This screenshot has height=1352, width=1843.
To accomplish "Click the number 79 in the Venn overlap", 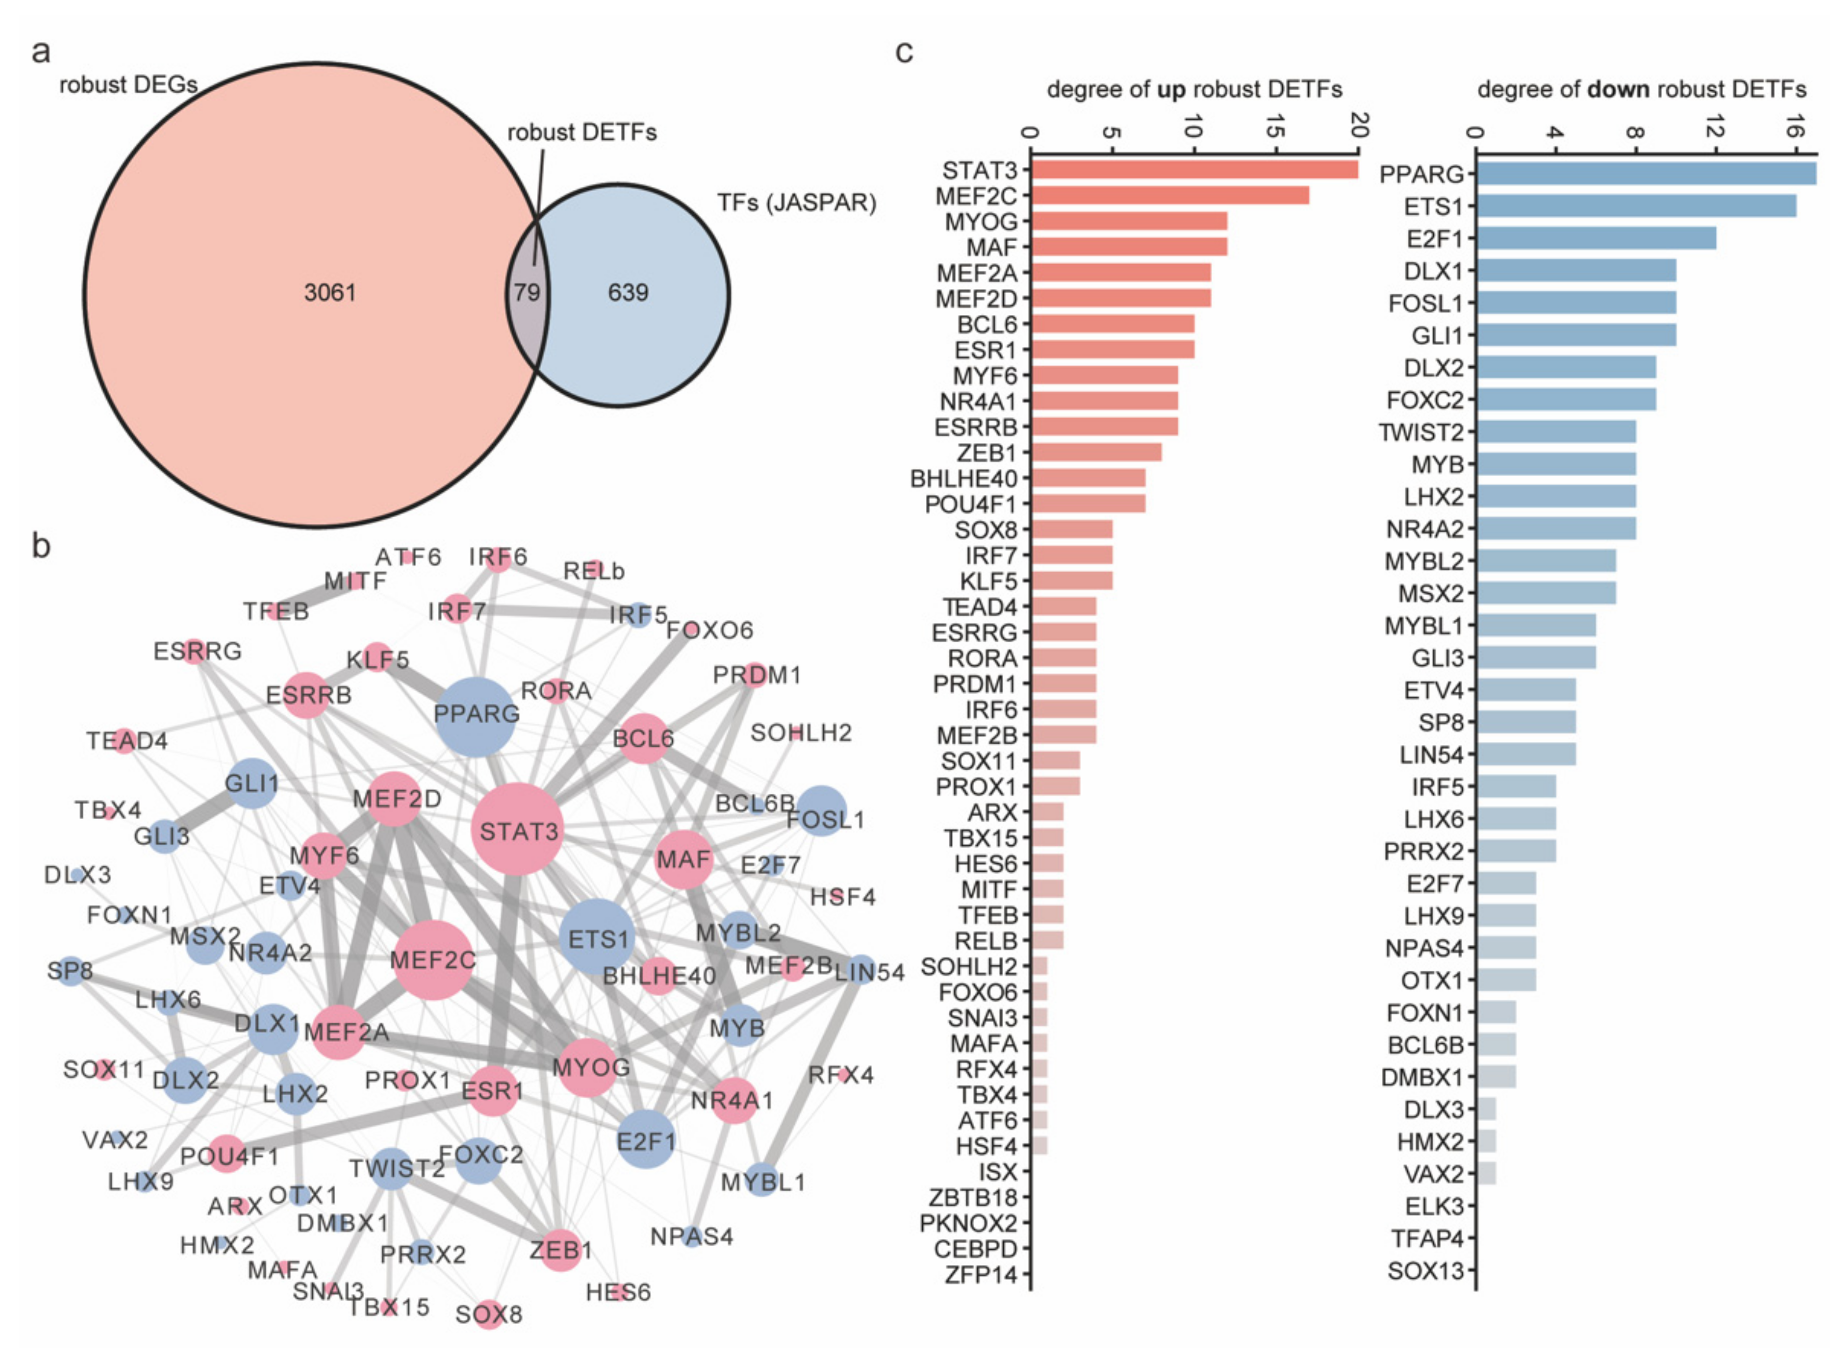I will [527, 292].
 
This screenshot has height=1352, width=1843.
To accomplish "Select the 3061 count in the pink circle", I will [330, 292].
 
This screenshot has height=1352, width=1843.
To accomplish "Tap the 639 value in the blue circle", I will [628, 292].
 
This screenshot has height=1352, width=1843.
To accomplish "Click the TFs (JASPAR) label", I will [796, 203].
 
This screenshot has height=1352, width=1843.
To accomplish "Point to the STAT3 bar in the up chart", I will [1194, 170].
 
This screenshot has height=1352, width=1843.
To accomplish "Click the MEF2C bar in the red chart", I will [1169, 196].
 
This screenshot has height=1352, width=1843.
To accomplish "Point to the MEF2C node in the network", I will [433, 959].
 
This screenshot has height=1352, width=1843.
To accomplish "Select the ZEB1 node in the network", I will [560, 1250].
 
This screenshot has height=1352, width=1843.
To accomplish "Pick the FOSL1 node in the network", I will [821, 811].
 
